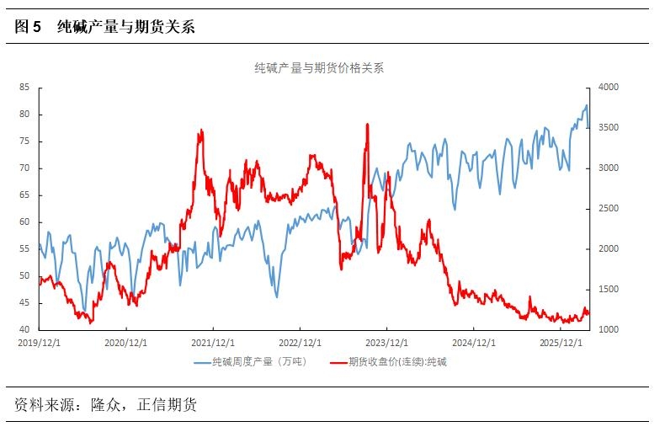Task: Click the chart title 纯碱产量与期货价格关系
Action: (319, 68)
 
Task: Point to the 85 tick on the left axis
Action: (24, 87)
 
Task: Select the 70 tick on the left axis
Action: (24, 168)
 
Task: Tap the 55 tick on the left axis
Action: (24, 248)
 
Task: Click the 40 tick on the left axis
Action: (24, 329)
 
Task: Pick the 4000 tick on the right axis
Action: (607, 87)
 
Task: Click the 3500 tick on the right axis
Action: (607, 127)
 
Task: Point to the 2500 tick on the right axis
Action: (607, 208)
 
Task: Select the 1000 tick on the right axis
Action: (607, 329)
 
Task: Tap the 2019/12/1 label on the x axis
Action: (40, 342)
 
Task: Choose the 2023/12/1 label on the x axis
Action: (386, 342)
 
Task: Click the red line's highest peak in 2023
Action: (368, 125)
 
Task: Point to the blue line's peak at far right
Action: (587, 105)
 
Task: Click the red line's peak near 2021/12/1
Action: (201, 131)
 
